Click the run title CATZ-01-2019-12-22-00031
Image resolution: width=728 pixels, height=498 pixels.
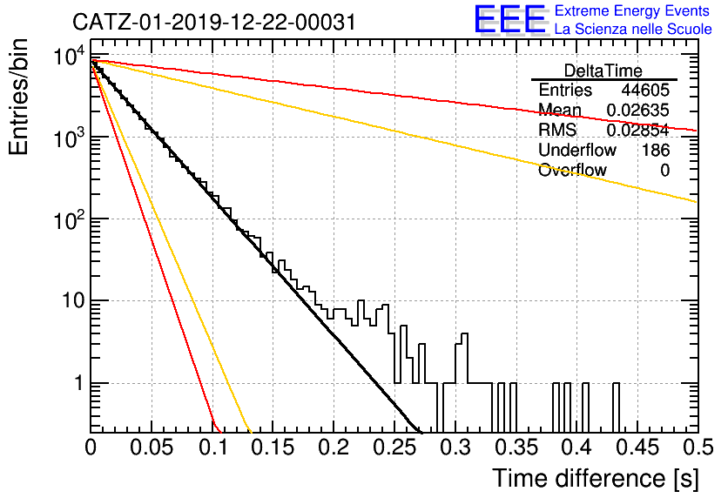[214, 22]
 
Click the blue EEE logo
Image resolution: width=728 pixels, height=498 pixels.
[510, 19]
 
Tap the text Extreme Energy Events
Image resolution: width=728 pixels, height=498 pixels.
[632, 10]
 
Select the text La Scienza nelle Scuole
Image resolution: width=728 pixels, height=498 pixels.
[633, 29]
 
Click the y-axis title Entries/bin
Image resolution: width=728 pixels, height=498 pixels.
[18, 97]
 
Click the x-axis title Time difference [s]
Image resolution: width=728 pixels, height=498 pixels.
[595, 478]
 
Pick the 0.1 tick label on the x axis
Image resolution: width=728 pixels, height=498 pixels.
[213, 448]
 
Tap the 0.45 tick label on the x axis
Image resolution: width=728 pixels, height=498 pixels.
[637, 448]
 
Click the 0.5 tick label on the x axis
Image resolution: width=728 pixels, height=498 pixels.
[697, 448]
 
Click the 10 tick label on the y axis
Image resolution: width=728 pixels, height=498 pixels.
[74, 301]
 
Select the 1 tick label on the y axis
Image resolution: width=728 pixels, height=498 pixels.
[79, 383]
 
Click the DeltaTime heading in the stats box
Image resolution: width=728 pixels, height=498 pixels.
[603, 71]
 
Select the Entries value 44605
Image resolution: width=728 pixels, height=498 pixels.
[645, 90]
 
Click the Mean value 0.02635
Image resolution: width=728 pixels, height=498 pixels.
[638, 110]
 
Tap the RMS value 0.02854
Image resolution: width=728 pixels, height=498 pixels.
[638, 131]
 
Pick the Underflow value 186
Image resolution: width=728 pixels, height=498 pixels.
[656, 150]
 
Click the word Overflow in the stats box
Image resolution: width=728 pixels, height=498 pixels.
[572, 170]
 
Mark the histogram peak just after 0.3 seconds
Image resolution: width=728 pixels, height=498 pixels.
[465, 333]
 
